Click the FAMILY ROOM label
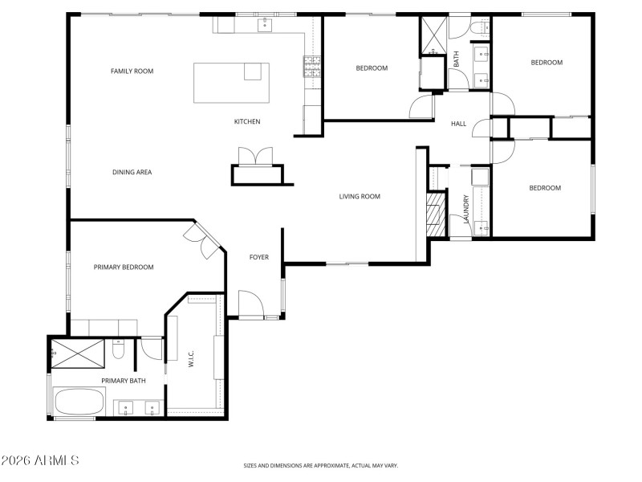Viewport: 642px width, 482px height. [x=132, y=71]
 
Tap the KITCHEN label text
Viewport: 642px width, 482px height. [x=247, y=122]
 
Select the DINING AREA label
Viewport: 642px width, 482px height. [x=132, y=172]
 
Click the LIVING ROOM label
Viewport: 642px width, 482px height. [x=360, y=196]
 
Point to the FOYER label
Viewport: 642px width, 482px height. [x=258, y=257]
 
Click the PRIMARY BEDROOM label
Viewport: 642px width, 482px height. [x=123, y=267]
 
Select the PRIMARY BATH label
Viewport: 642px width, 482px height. [x=123, y=381]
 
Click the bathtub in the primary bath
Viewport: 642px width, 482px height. [x=79, y=401]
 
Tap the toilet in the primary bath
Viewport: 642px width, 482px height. [x=118, y=349]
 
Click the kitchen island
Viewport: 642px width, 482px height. [x=231, y=84]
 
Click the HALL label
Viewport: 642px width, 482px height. [x=458, y=124]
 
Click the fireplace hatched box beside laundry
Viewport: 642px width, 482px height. [x=435, y=214]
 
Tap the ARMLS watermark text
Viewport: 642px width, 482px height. [x=40, y=461]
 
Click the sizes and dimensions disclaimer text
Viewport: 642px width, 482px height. [x=321, y=465]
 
